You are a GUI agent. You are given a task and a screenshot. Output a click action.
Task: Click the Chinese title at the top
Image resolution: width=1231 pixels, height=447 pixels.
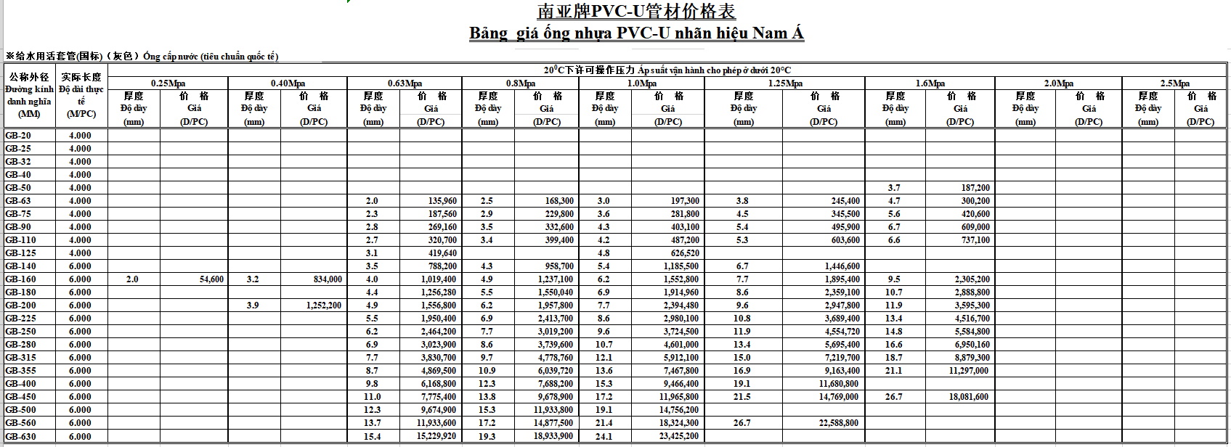coord(636,12)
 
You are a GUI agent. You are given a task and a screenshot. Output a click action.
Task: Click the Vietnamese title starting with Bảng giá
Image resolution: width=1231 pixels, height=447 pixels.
coord(636,33)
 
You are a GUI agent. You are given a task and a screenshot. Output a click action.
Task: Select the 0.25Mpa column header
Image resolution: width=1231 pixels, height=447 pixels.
coord(168,83)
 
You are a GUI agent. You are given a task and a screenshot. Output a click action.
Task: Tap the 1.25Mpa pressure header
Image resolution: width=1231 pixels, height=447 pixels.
coord(784,83)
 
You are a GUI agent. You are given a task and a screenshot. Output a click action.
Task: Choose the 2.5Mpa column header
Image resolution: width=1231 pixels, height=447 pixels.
coord(1174,83)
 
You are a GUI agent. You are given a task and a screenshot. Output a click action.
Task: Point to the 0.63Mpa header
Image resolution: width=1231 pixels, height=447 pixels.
coord(405,83)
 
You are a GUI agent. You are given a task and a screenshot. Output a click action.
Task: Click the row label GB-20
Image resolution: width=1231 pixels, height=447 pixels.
coord(18,136)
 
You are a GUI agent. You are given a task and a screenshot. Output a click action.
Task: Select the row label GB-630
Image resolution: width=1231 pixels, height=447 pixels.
coord(20,437)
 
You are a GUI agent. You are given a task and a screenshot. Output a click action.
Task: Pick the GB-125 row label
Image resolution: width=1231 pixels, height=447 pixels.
coord(20,253)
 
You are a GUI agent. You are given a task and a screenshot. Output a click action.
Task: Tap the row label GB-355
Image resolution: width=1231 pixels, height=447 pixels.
coord(20,371)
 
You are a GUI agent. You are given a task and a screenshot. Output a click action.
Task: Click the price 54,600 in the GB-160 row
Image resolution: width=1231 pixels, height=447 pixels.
coord(211,279)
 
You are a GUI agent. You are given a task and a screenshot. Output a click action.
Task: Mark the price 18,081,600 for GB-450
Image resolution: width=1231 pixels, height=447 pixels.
coord(969,397)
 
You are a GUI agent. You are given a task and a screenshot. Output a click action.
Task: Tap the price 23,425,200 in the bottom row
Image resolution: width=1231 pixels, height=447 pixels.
coord(680,437)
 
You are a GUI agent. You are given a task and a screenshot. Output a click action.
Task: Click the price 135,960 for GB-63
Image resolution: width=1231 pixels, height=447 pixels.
coord(442,201)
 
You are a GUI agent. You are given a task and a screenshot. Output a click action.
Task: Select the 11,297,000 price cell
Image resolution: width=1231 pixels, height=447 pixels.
coord(969,371)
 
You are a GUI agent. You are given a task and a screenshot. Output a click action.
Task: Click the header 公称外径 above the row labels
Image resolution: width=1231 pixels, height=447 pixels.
coord(28,77)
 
